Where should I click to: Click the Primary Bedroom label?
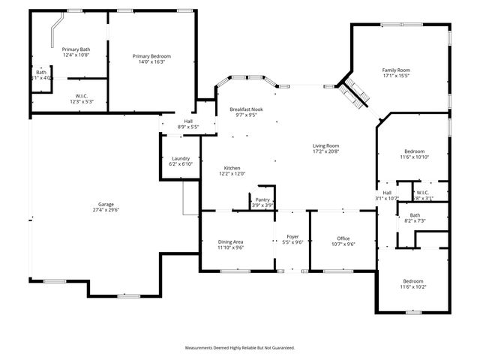coord(151,56)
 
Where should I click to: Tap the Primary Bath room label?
coord(76,49)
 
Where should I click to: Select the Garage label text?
coord(106,204)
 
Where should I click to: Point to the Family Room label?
coord(396,70)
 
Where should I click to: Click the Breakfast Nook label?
coord(247,110)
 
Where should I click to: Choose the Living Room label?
coord(326,145)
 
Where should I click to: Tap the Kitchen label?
coord(232,168)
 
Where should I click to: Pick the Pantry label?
coord(262,200)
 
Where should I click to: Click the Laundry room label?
coord(181,158)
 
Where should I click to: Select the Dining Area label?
coord(231,241)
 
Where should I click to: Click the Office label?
coord(343,238)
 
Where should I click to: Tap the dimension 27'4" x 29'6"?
coord(106,210)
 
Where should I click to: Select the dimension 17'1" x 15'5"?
coord(396,76)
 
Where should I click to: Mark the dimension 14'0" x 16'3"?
coord(151,61)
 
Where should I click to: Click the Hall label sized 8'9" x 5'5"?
coord(188,121)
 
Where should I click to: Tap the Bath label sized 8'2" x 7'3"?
coord(415,215)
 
